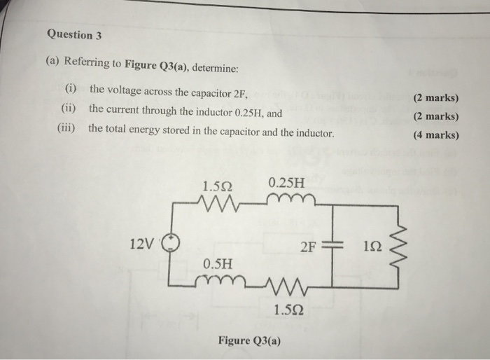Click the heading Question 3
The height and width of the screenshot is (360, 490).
coord(70,34)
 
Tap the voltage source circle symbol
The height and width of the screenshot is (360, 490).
coord(172,244)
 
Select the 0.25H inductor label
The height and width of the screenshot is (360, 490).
coord(287,183)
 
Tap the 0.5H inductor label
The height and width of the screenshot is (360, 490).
coord(218,264)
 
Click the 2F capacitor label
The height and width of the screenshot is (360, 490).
coord(308,246)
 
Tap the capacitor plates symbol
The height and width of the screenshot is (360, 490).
coord(332,246)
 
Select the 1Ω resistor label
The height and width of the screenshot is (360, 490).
coord(372,246)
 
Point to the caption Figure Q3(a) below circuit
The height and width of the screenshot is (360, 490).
coord(249,340)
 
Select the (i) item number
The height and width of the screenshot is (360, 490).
coord(71,90)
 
